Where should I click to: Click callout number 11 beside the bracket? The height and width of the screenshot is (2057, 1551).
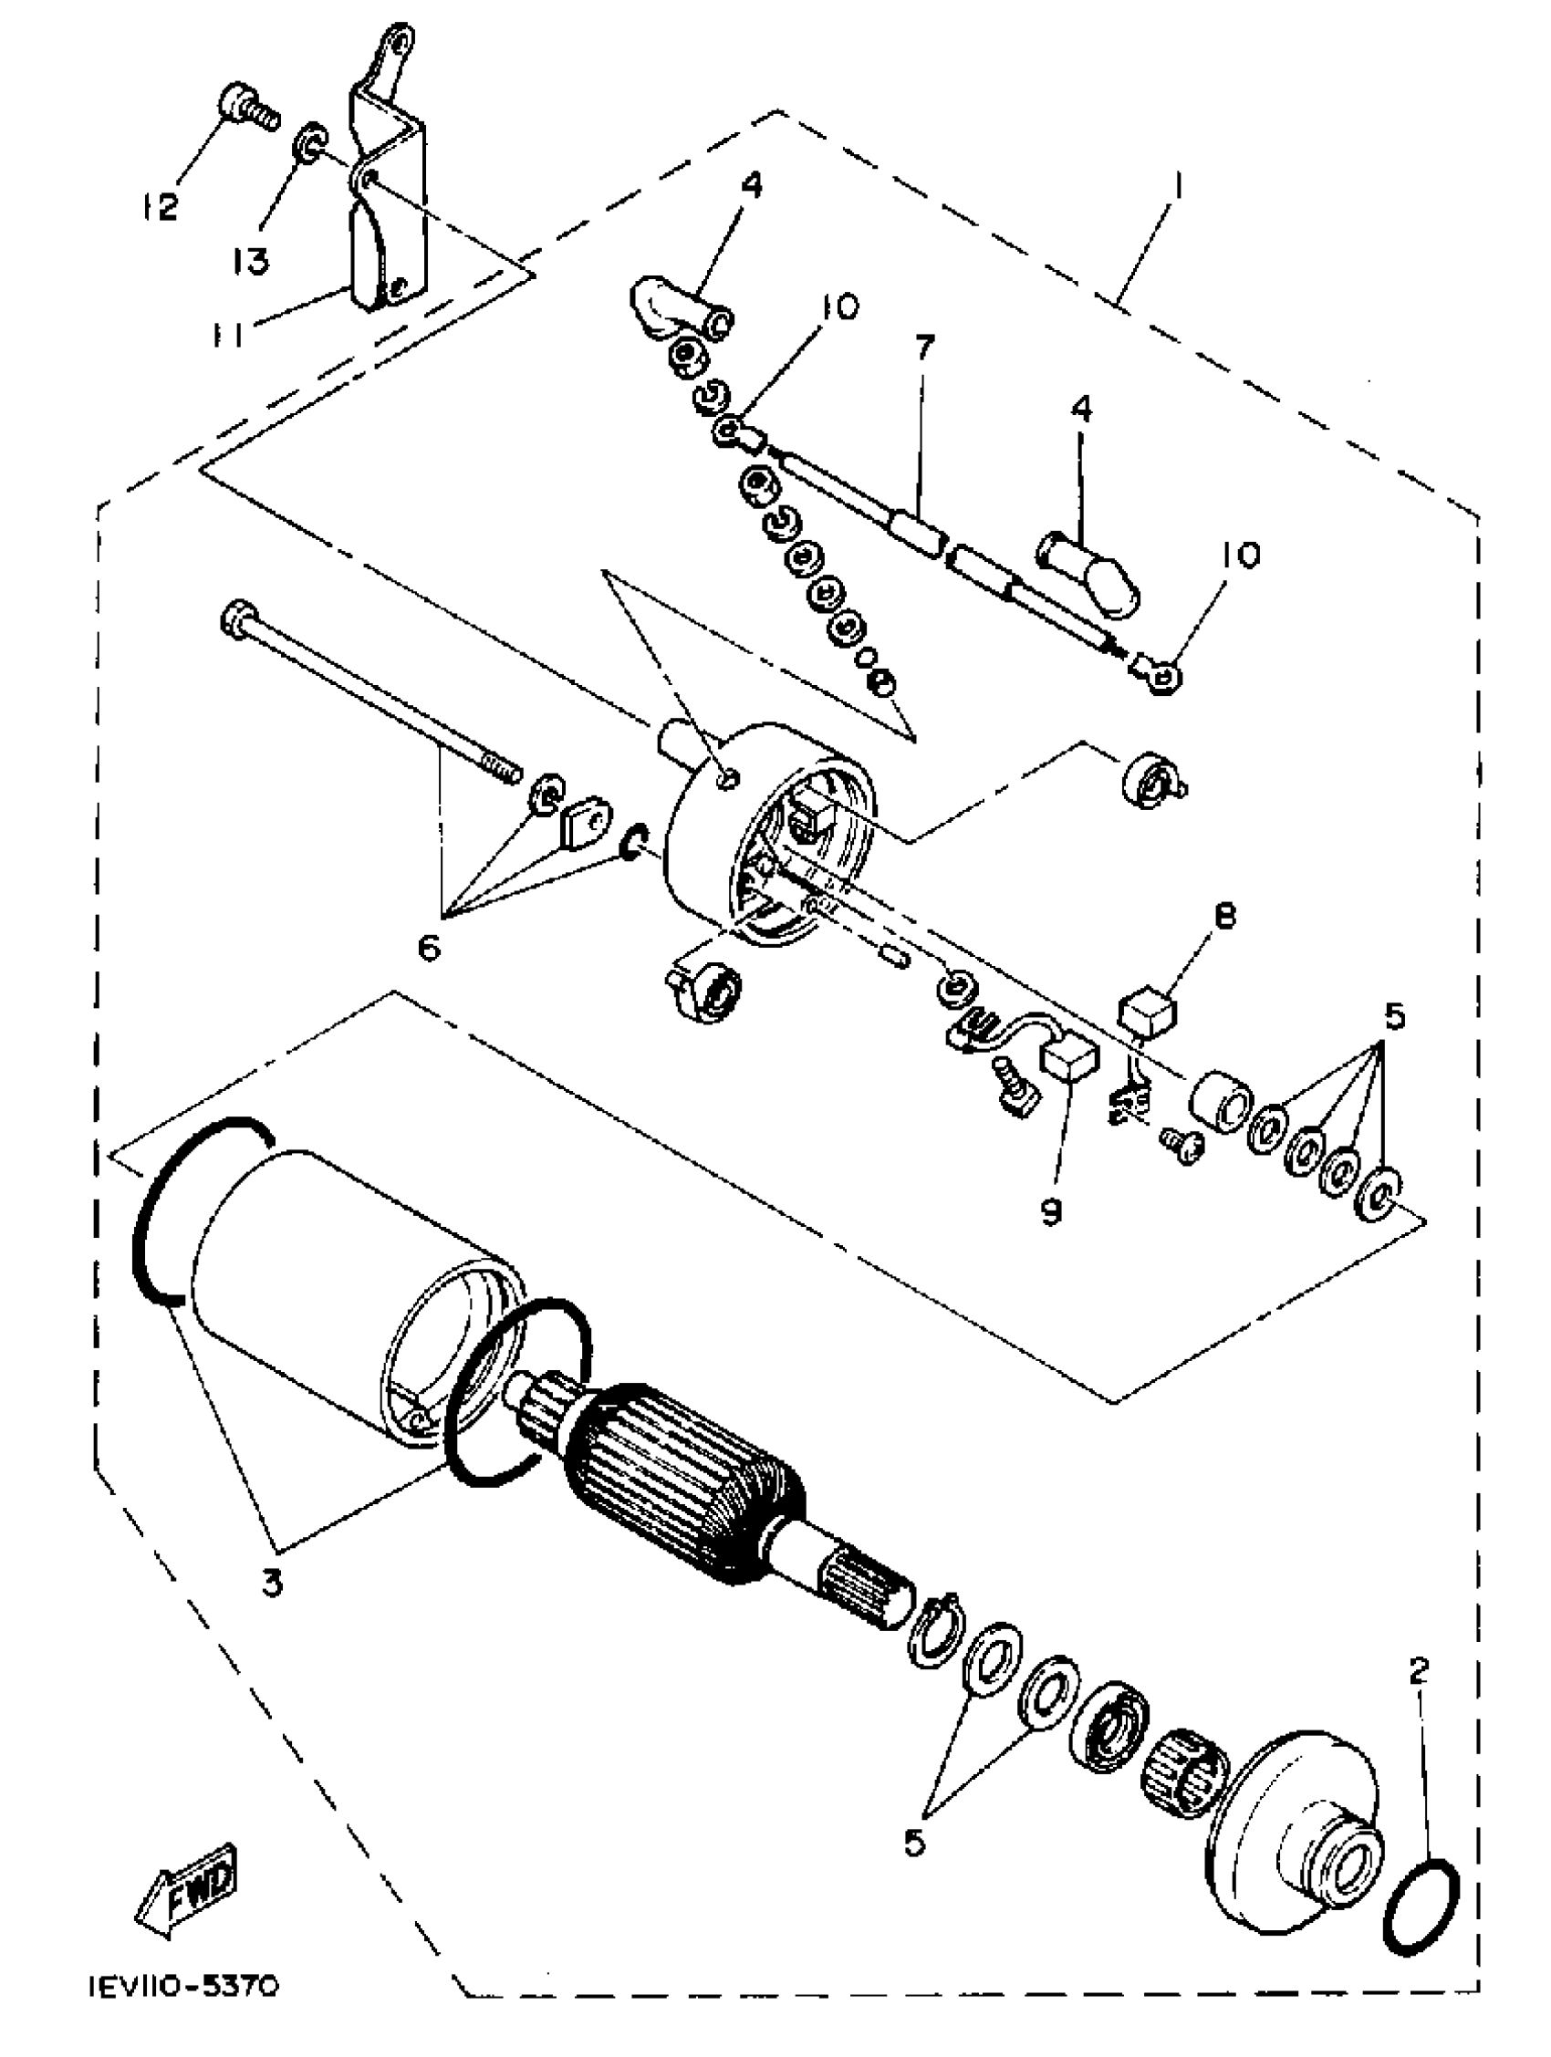pos(226,334)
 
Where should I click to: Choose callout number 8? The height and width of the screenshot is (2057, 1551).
pos(1225,919)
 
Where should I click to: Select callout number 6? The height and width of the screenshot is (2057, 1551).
pos(429,951)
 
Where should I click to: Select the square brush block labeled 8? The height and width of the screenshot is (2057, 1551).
pos(1149,1009)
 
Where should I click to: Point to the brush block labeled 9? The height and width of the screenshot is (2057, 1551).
pos(1070,1062)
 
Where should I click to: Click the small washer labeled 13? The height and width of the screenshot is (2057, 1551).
pos(310,143)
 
